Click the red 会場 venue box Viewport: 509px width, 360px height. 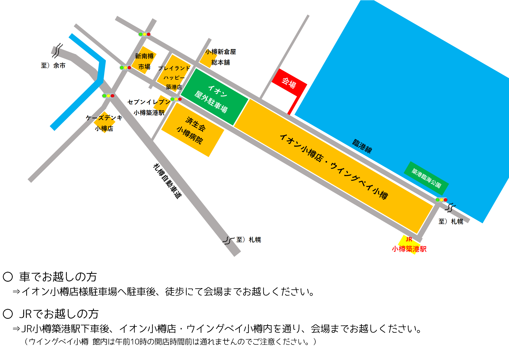point(289,83)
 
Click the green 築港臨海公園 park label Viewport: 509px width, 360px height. point(426,178)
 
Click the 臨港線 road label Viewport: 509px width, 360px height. point(362,146)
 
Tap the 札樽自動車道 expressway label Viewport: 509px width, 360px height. point(167,181)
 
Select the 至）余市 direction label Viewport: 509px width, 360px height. point(53,65)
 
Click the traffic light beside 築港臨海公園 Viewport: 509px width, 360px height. point(441,200)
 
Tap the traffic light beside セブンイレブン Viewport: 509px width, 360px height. point(176,99)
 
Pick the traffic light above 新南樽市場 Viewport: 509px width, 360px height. point(145,34)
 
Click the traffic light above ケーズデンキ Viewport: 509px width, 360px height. point(108,96)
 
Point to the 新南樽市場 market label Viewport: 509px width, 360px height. point(144,61)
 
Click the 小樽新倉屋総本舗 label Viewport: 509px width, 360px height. point(221,57)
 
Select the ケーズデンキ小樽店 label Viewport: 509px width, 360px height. point(104,123)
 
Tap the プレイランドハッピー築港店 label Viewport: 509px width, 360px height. point(174,77)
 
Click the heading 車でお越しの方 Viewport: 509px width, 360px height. point(58,277)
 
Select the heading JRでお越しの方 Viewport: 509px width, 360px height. point(59,314)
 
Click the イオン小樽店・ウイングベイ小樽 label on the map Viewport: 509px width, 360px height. point(334,166)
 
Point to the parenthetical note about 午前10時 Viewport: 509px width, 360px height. point(170,342)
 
